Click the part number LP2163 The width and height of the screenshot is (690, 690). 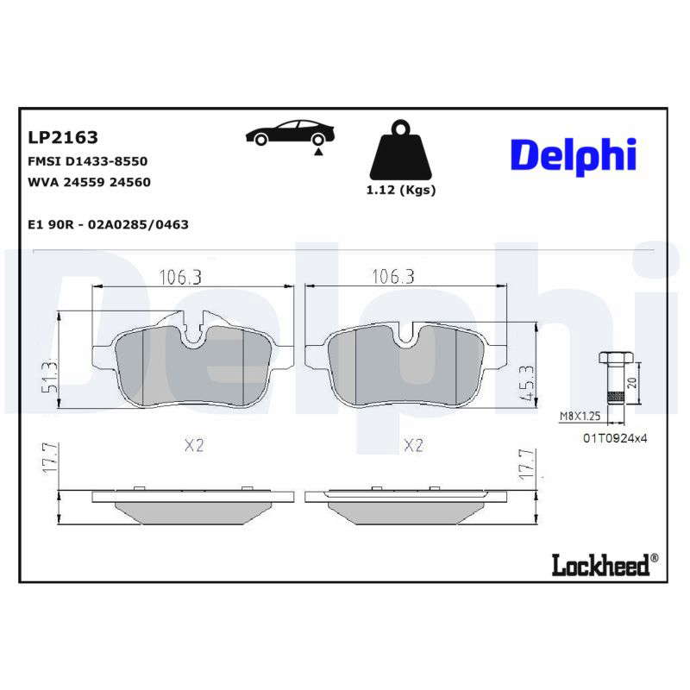pyautogui.click(x=63, y=137)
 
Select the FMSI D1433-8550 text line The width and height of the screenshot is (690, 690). pyautogui.click(x=88, y=161)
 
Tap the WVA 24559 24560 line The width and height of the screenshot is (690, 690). pyautogui.click(x=90, y=182)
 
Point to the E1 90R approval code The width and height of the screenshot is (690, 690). pyautogui.click(x=109, y=224)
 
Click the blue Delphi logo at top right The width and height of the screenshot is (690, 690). pyautogui.click(x=574, y=157)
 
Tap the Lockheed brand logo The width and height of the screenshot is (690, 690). pyautogui.click(x=605, y=565)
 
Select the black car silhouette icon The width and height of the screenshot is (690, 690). pyautogui.click(x=290, y=132)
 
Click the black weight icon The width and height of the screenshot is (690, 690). pyautogui.click(x=400, y=149)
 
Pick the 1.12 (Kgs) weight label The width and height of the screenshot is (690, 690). pyautogui.click(x=401, y=190)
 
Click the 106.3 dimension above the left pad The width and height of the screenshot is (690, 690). pyautogui.click(x=180, y=277)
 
